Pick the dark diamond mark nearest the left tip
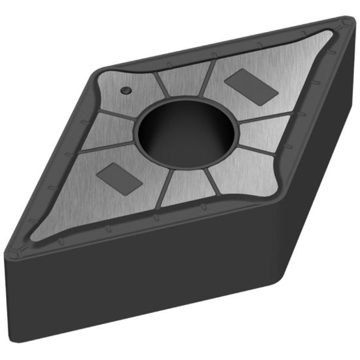click(x=118, y=178)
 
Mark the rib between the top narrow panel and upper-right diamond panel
click(x=208, y=79)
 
